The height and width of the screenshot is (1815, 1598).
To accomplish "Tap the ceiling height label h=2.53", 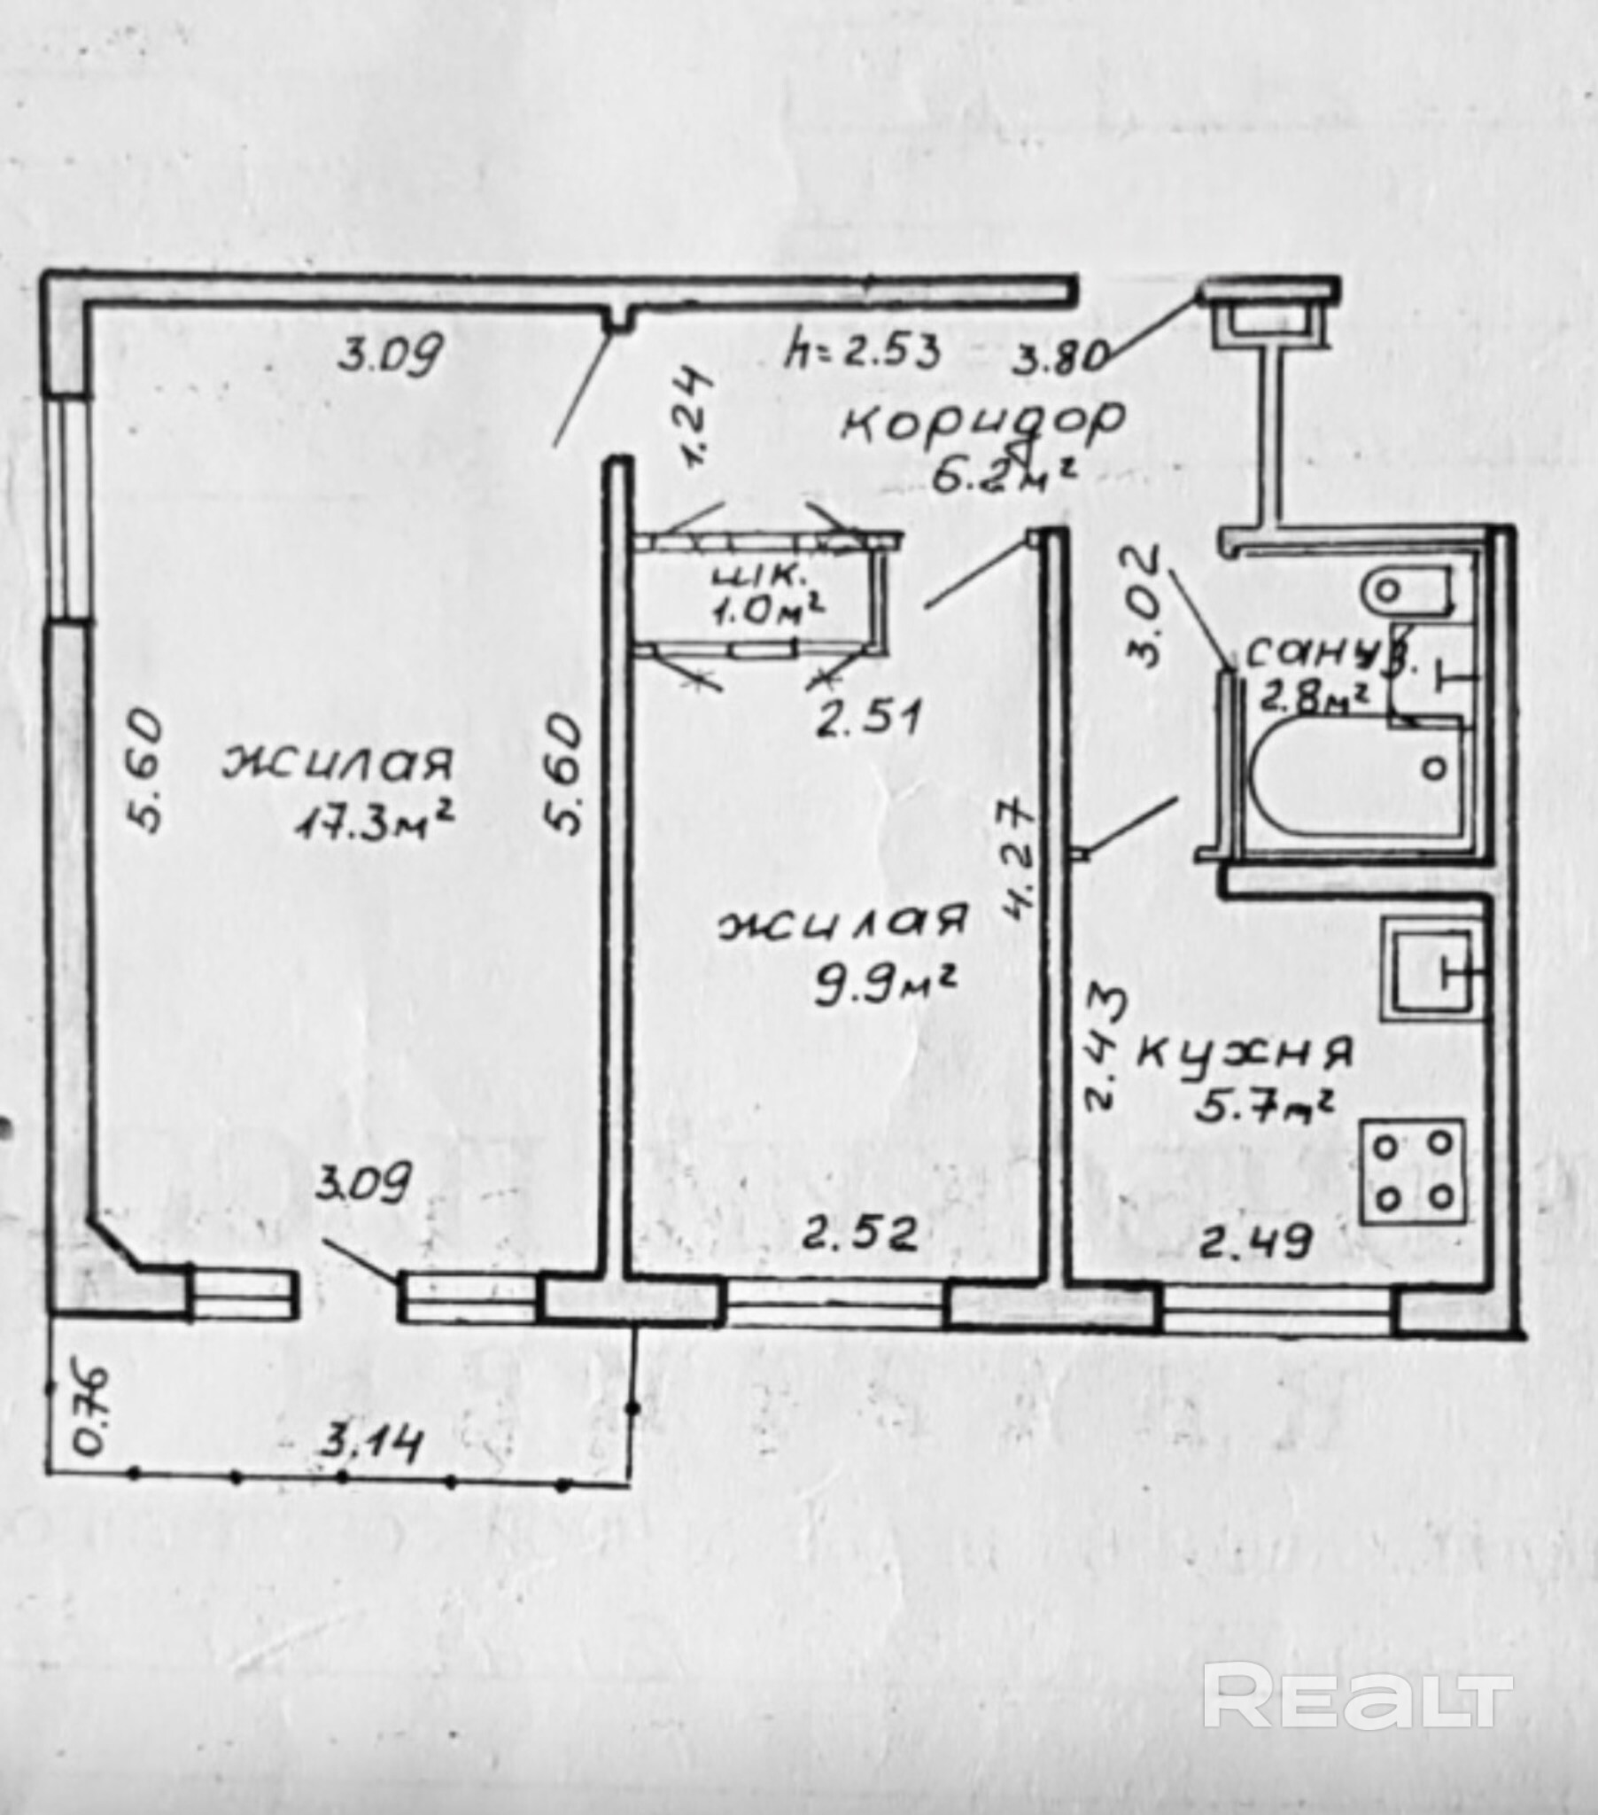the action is [x=861, y=354].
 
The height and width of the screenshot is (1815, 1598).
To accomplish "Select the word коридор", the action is [x=981, y=424].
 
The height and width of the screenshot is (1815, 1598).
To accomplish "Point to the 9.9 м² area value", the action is [x=884, y=985].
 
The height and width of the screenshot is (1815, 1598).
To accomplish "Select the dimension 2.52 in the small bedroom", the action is [x=858, y=1235].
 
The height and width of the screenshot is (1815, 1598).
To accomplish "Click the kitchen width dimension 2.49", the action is [x=1255, y=1243].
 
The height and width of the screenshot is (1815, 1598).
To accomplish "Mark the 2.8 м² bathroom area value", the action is [x=1313, y=699].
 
